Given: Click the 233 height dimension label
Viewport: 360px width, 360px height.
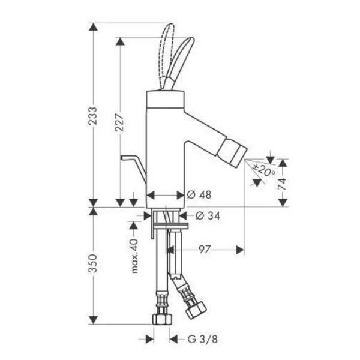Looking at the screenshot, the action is [93, 116].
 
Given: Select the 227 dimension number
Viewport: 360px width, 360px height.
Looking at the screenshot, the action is [119, 122].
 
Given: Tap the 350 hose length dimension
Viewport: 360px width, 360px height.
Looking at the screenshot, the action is [93, 263].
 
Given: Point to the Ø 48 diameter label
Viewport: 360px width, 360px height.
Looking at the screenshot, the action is [199, 195].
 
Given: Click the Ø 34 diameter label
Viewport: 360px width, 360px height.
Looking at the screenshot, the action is [208, 216].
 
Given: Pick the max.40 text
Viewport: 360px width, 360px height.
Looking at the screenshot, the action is [135, 256].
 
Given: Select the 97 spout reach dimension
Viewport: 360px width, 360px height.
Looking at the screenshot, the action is [204, 250].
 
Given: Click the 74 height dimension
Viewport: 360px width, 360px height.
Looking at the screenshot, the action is [283, 184].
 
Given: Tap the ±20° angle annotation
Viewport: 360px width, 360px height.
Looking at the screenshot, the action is [264, 170].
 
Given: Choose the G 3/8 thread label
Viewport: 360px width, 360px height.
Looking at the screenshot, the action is [203, 339].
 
